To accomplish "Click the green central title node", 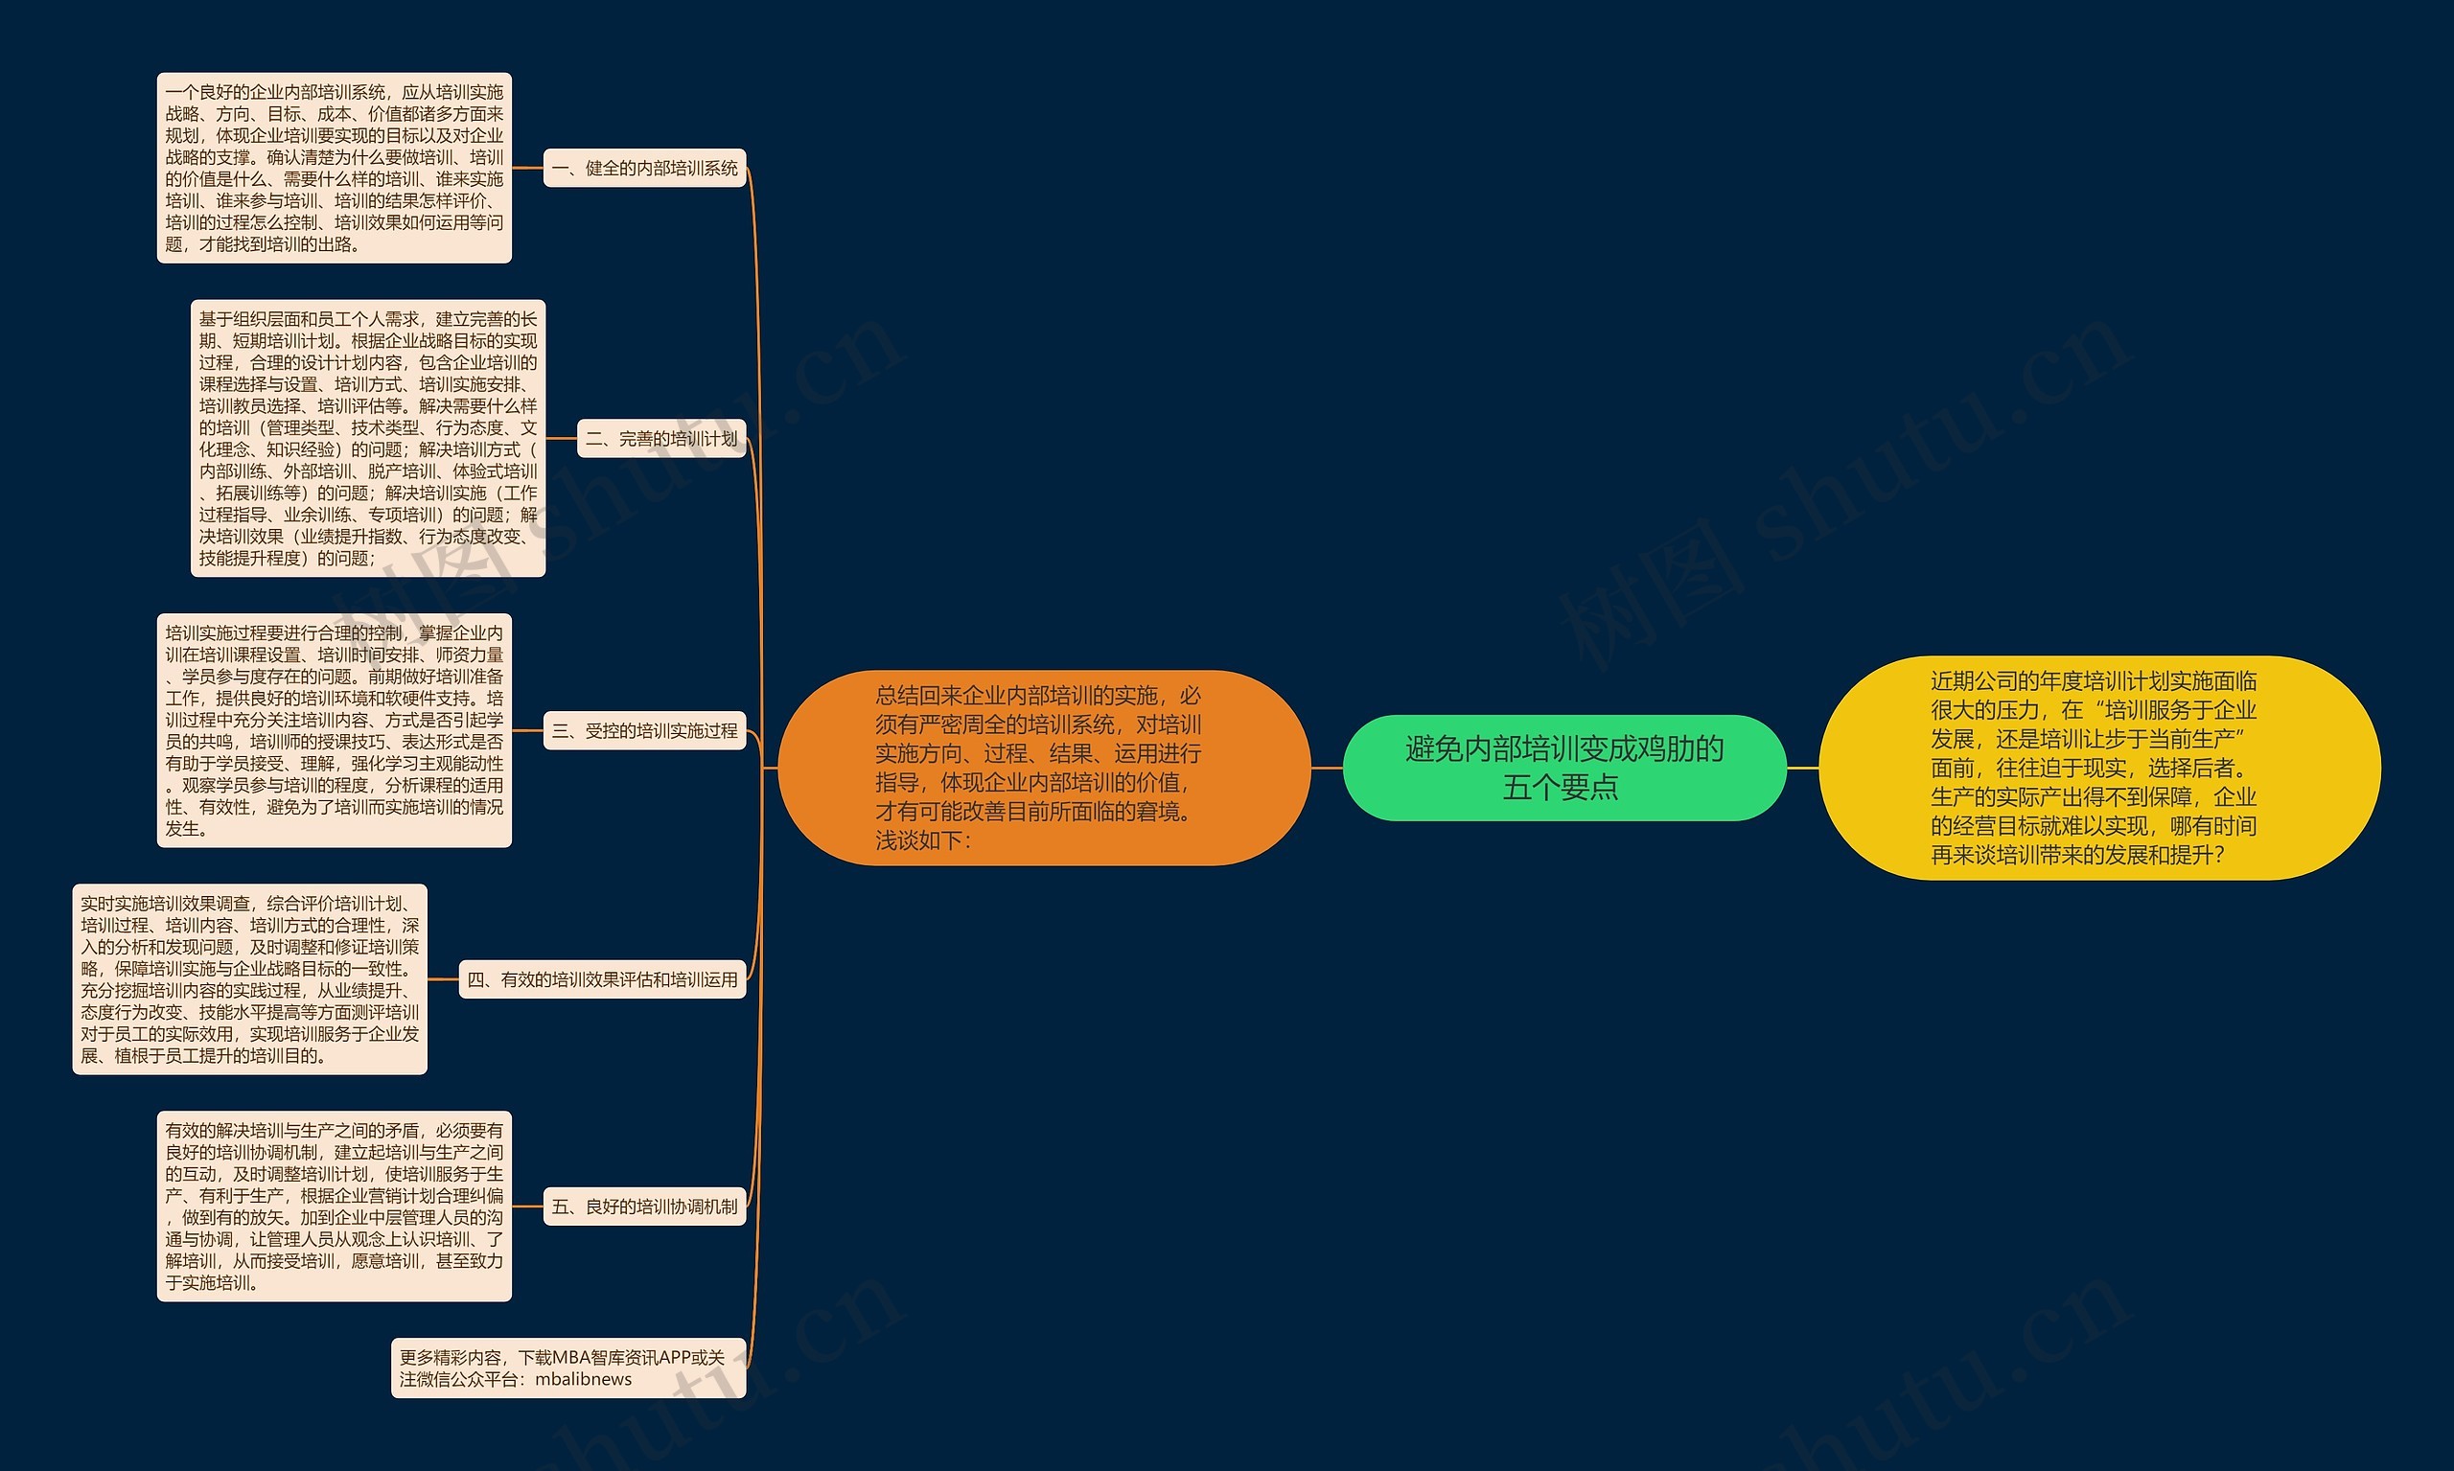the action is click(1563, 768).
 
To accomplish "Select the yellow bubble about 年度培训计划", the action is click(2099, 768).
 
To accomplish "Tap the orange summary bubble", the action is click(1043, 768).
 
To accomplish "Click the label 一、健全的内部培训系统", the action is click(644, 169).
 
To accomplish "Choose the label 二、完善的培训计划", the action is click(661, 438).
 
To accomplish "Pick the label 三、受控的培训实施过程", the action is click(644, 731).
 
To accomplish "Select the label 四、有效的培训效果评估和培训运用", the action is click(602, 979).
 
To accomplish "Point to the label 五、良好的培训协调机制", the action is click(644, 1207).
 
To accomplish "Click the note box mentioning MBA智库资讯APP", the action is click(568, 1368).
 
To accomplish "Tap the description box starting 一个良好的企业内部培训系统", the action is click(335, 168).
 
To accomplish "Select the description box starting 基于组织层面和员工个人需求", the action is click(368, 438).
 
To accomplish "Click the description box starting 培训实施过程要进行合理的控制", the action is click(335, 730).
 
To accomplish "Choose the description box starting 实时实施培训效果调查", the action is click(250, 979).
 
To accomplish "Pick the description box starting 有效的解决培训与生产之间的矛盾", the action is click(335, 1207).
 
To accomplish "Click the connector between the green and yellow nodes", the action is click(1802, 768).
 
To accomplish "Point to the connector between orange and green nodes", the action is click(1327, 768).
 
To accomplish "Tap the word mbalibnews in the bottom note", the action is click(583, 1380).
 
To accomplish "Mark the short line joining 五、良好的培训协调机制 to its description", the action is click(527, 1207).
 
